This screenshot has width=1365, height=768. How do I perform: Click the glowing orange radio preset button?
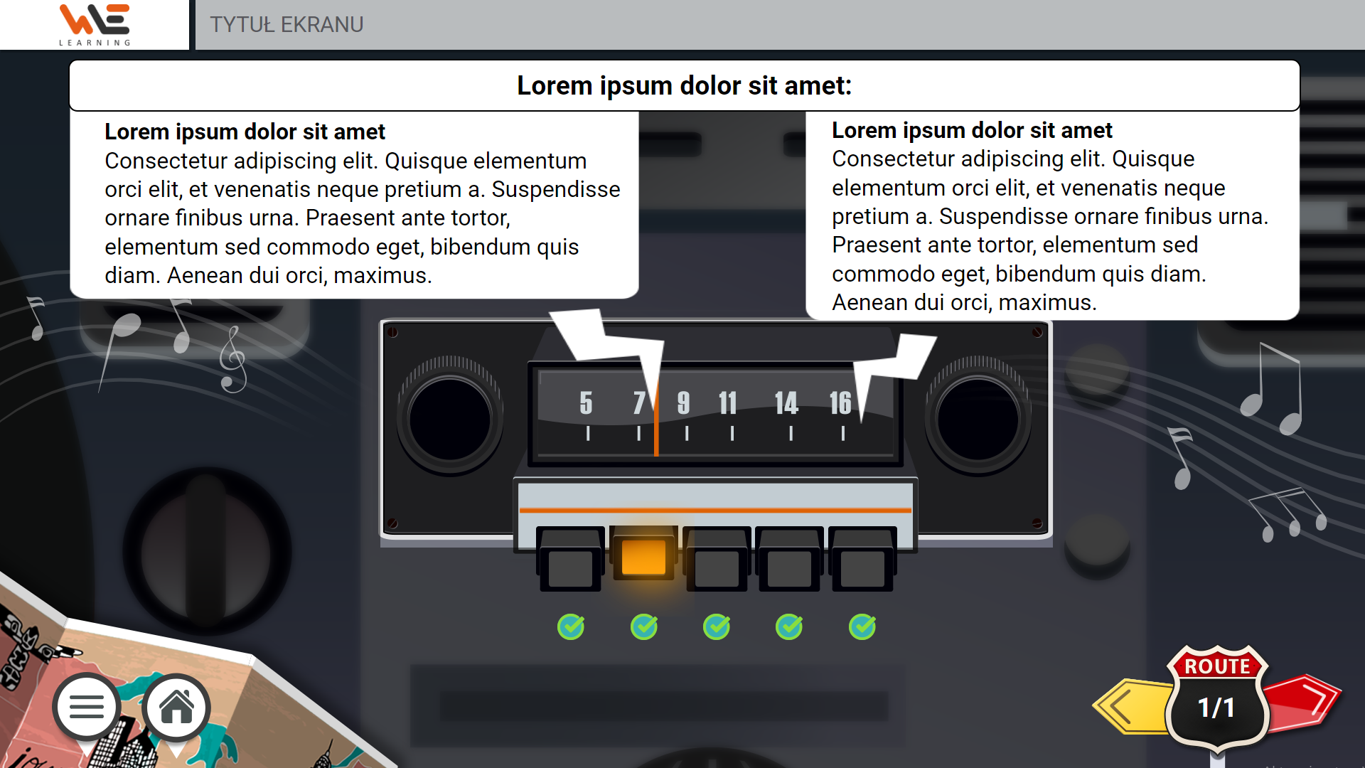coord(643,556)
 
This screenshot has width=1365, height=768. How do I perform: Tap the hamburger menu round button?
coord(87,708)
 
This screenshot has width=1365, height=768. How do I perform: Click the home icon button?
coord(176,708)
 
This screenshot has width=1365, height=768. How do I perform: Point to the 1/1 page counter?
coord(1216,708)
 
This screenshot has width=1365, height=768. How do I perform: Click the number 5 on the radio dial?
coord(586,403)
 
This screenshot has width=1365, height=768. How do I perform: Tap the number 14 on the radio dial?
coord(786,403)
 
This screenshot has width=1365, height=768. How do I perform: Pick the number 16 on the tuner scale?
coord(840,403)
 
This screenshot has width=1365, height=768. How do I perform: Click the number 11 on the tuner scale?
coord(728,403)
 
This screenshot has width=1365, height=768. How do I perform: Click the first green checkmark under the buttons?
coord(571,626)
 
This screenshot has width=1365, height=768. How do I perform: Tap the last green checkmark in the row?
coord(862,626)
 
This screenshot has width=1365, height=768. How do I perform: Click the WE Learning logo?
coord(95,25)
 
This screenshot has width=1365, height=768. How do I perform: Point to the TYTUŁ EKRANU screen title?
coord(287,25)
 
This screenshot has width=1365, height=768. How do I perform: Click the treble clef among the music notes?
coord(232,360)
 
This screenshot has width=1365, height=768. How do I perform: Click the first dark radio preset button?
coord(571,559)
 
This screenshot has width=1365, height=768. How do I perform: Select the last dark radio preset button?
coord(862,559)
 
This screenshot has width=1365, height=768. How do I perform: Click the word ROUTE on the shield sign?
coord(1217,666)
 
